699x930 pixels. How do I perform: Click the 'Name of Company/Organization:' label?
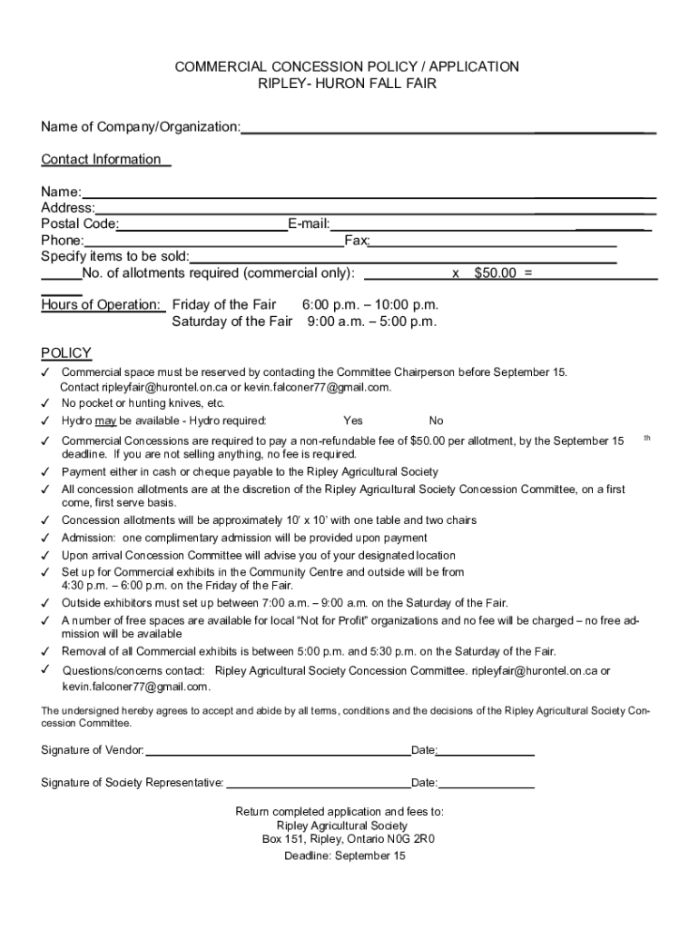(141, 126)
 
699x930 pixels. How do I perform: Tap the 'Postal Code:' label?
(80, 224)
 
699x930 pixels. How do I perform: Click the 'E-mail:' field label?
(309, 224)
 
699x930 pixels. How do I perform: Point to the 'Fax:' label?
(356, 241)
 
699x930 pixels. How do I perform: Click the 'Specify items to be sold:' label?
(114, 257)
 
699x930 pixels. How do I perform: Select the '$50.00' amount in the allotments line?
(495, 273)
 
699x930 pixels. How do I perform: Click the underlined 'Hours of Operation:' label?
(101, 305)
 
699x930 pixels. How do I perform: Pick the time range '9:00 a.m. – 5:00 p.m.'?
(372, 322)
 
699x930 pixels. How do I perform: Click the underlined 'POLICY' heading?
(66, 353)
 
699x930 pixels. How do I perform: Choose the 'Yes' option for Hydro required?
(353, 420)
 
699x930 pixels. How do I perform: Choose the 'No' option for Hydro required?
(437, 420)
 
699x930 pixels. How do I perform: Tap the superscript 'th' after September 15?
(647, 438)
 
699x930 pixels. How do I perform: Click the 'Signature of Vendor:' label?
(93, 750)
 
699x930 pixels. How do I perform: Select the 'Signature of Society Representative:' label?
(133, 782)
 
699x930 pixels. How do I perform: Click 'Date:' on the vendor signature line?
(424, 750)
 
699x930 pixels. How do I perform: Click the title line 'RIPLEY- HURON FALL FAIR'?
(348, 84)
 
